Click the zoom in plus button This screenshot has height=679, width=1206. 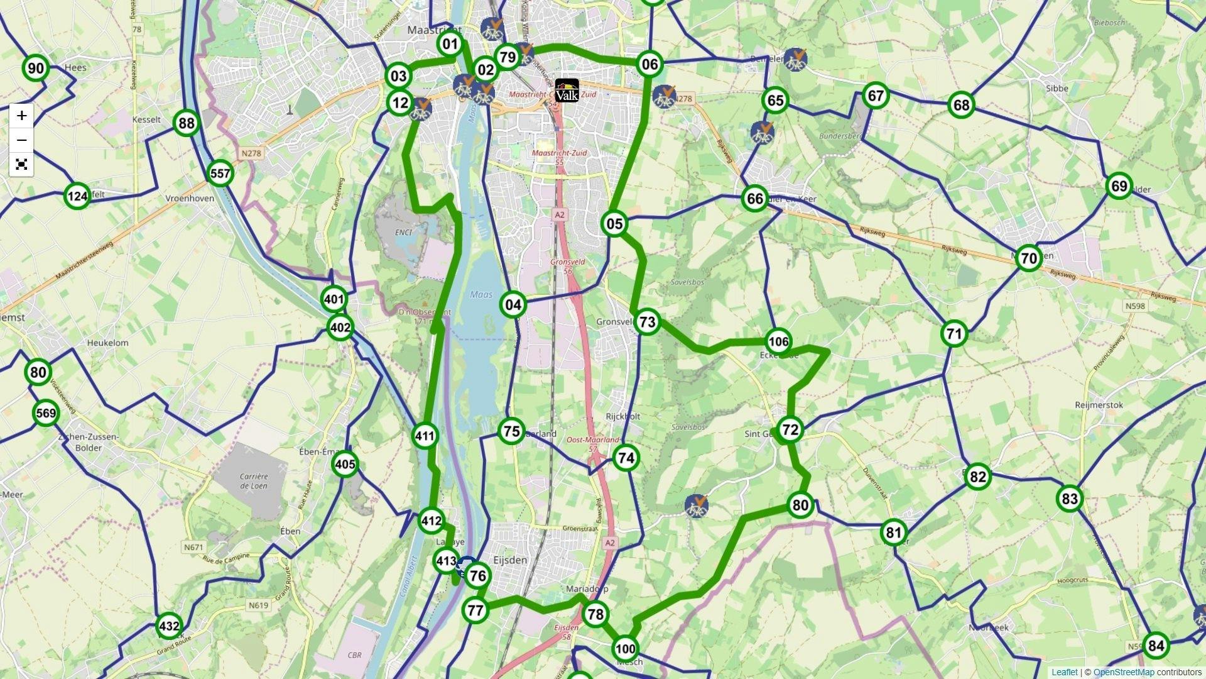21,116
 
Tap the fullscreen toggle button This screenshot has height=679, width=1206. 21,165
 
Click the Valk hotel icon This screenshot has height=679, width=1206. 567,90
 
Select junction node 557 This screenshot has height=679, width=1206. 220,174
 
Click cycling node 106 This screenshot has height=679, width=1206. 778,342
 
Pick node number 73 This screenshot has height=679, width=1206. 646,323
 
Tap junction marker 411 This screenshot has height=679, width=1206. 425,436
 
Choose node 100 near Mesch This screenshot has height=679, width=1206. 625,649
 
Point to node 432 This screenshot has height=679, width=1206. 169,626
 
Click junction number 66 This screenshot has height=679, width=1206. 754,199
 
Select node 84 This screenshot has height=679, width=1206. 1156,646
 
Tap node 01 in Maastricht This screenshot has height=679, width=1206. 450,45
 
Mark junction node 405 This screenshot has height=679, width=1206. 345,465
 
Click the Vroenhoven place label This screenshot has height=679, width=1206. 189,199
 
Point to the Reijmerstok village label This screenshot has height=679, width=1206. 1099,406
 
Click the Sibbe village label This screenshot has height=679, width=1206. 1057,89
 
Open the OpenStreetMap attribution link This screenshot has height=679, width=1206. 1114,673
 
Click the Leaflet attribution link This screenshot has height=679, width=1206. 1064,673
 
